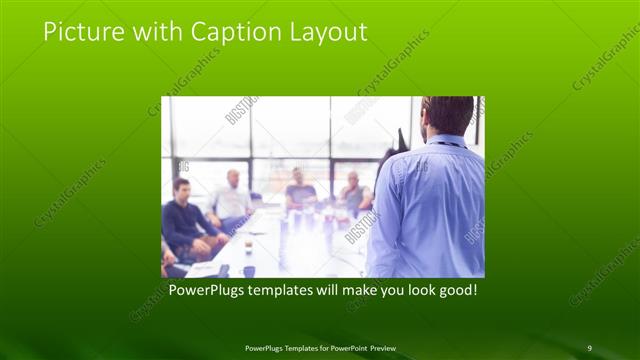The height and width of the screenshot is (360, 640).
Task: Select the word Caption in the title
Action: (x=227, y=32)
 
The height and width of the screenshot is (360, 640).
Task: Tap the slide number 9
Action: (x=589, y=347)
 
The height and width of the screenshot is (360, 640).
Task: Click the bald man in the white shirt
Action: (x=232, y=199)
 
